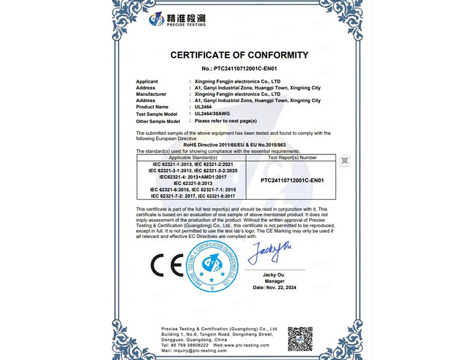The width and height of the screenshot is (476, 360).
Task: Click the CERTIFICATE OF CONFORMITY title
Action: [x=239, y=56]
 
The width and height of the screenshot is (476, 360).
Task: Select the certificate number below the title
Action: [x=239, y=69]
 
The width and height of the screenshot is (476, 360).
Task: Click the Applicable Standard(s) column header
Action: [x=192, y=157]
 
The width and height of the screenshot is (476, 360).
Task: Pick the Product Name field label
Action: [x=152, y=107]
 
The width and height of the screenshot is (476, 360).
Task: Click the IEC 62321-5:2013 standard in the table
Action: [x=192, y=183]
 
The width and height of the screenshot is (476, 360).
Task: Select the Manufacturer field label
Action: [x=151, y=94]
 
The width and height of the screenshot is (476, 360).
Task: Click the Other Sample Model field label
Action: [x=158, y=121]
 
